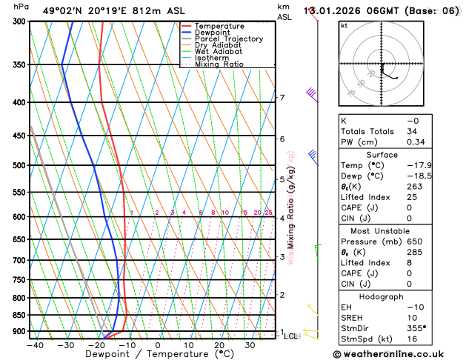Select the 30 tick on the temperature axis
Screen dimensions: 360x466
(250, 345)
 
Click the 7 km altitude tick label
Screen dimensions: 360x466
(282, 98)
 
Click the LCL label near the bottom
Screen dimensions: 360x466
(291, 336)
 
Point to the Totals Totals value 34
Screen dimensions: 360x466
(413, 131)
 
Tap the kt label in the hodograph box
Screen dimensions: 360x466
(344, 26)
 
